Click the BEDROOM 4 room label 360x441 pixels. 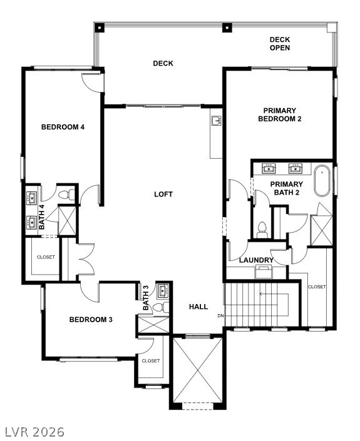(x=63, y=128)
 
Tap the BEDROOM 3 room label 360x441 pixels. (x=90, y=320)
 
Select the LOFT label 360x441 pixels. (x=163, y=195)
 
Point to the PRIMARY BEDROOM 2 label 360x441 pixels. (x=279, y=114)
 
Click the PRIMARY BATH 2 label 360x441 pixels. (x=286, y=188)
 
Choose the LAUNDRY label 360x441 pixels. (x=256, y=260)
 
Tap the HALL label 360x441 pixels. (x=198, y=307)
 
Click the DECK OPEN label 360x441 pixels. (x=280, y=43)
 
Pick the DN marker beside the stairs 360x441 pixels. (x=220, y=316)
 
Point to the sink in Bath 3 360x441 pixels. (x=164, y=290)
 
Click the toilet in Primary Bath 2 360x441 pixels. (x=262, y=228)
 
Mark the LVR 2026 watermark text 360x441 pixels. (x=34, y=432)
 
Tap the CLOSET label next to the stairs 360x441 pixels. (x=317, y=286)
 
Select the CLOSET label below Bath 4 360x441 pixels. (x=45, y=257)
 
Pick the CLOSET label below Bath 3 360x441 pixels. (x=151, y=361)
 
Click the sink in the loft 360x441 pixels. (x=217, y=120)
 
